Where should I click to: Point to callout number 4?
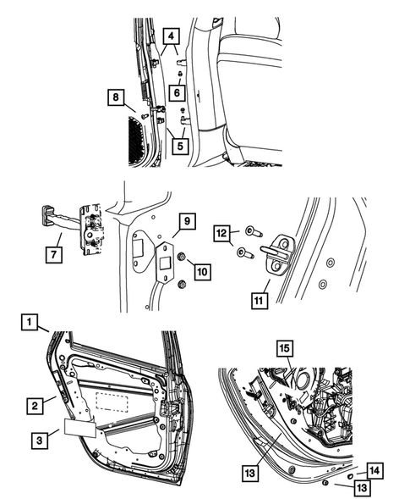tap(172, 36)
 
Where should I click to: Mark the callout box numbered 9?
tap(186, 225)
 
